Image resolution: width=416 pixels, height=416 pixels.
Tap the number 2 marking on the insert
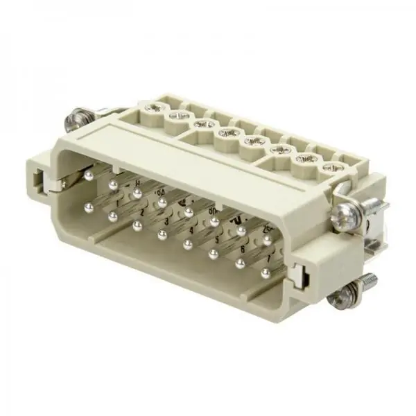pos(144,212)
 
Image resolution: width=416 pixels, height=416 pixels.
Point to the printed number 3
pos(167,221)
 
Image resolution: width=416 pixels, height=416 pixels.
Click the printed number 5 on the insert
pos(217,241)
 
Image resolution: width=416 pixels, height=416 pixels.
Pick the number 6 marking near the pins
pos(242,251)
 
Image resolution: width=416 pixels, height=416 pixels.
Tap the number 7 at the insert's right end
pos(268,260)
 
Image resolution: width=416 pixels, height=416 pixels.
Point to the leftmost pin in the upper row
pos(89,179)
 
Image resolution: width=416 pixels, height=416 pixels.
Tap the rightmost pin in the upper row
pos(267,241)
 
